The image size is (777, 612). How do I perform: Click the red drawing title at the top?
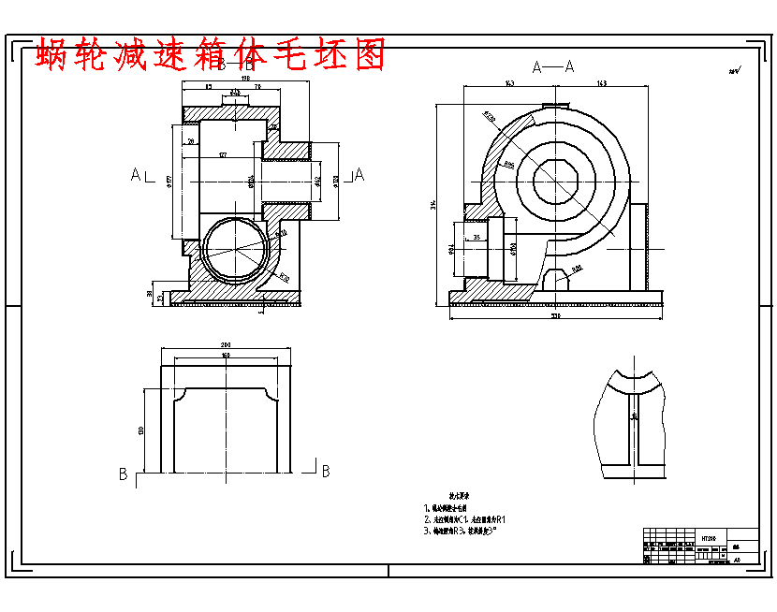[x=211, y=55]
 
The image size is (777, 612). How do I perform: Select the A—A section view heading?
[x=552, y=66]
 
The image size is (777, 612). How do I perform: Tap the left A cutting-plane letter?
[x=136, y=174]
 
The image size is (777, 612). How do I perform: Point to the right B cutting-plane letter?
[x=325, y=473]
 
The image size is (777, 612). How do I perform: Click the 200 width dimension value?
[x=225, y=344]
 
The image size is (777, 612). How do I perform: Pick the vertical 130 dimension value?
[x=141, y=429]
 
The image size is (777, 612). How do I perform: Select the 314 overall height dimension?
[x=433, y=204]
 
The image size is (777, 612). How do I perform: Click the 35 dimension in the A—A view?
[x=476, y=239]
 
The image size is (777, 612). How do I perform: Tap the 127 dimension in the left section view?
[x=223, y=154]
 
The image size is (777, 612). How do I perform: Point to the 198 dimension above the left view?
[x=245, y=79]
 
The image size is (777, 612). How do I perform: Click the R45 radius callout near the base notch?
[x=577, y=269]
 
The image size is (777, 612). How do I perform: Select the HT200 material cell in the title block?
[x=709, y=539]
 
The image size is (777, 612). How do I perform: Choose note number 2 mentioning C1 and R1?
[x=465, y=518]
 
